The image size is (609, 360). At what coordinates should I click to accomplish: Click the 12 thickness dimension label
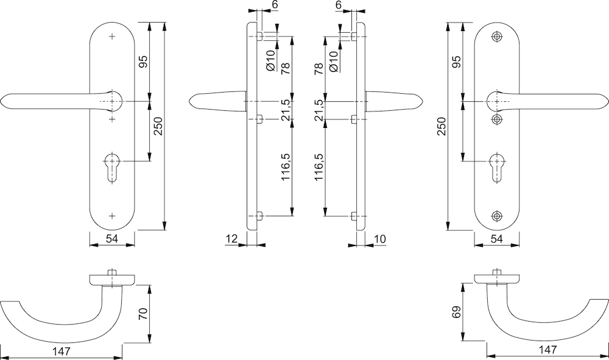tap(231, 239)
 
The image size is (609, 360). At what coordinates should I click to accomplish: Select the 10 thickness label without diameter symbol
tap(378, 239)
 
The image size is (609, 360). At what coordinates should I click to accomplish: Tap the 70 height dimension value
tap(144, 314)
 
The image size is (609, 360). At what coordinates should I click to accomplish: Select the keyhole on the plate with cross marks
tap(112, 164)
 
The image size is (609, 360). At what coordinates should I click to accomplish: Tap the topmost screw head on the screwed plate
tap(498, 37)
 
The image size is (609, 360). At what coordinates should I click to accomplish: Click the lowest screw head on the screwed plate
tap(498, 216)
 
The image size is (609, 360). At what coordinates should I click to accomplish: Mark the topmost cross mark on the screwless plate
tap(112, 37)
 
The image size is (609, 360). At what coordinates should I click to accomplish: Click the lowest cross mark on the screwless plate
tap(112, 216)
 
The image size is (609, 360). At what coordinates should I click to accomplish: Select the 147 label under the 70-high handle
tap(62, 351)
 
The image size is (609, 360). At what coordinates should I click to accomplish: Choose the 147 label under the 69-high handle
tap(548, 350)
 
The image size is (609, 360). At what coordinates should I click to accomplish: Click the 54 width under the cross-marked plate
tap(112, 239)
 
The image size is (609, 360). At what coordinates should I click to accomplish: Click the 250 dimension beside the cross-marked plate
tap(157, 126)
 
